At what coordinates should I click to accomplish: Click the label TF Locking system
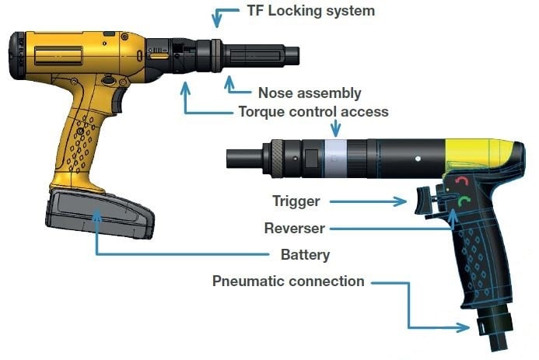(x=310, y=11)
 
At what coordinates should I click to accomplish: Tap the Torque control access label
(x=313, y=112)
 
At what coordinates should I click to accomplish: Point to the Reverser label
(x=294, y=228)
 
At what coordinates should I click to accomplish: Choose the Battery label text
(x=305, y=254)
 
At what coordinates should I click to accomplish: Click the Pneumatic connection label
(x=288, y=281)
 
